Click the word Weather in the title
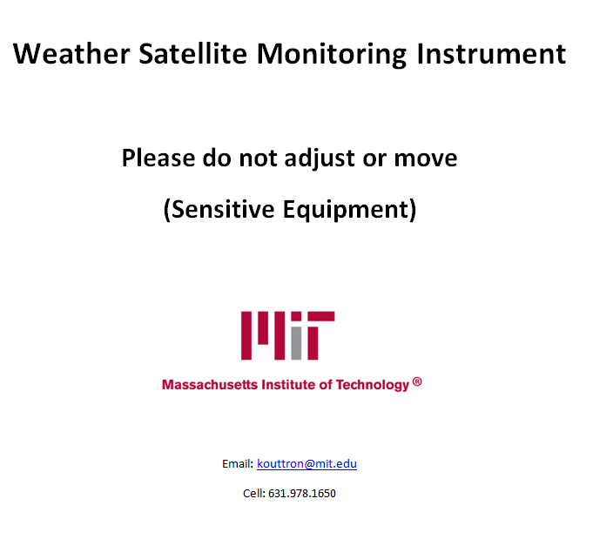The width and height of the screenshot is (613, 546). click(x=71, y=53)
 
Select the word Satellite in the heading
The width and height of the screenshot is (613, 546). click(x=193, y=53)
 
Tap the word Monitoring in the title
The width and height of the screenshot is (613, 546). click(x=332, y=54)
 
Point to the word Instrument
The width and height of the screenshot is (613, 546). click(x=491, y=53)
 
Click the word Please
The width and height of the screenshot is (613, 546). click(x=158, y=158)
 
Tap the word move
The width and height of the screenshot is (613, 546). click(x=425, y=158)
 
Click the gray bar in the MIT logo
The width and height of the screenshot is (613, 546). click(x=296, y=343)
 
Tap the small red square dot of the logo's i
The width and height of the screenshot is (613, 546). click(x=296, y=316)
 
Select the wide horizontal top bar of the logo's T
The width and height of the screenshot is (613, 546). click(x=321, y=316)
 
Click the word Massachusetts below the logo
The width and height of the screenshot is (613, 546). click(x=210, y=385)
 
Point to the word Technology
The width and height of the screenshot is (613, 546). click(x=373, y=385)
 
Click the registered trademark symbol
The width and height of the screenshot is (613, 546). click(x=417, y=381)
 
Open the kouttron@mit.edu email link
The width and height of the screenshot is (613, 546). click(x=306, y=464)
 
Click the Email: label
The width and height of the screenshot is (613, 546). click(x=238, y=464)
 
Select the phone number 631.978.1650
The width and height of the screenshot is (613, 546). click(x=302, y=494)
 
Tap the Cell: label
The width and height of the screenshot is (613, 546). click(x=254, y=494)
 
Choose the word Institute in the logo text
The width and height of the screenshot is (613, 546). click(x=288, y=385)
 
